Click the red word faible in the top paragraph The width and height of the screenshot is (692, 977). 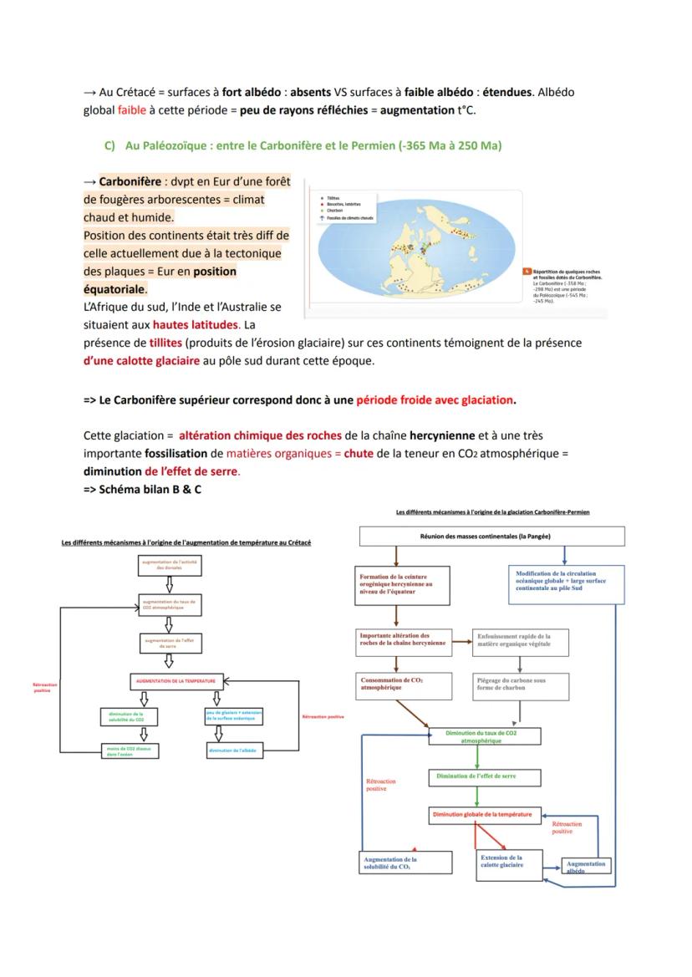coord(131,109)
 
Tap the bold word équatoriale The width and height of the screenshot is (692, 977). coord(115,289)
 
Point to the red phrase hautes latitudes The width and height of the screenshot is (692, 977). coord(196,324)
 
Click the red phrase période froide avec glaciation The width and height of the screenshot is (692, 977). coord(435,399)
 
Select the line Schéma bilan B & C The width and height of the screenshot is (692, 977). coord(142,489)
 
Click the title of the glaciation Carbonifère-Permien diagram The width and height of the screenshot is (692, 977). coord(492,511)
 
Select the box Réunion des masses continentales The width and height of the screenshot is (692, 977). coord(491,537)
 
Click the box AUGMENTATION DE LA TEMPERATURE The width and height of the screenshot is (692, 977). coord(176,681)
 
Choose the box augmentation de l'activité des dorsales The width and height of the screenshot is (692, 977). coord(170,565)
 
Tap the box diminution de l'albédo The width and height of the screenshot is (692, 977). coord(222,751)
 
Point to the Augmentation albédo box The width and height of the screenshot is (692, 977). coord(586,866)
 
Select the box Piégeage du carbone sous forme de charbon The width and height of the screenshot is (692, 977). coord(522,685)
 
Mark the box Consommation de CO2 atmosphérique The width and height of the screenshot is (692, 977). coord(405,684)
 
